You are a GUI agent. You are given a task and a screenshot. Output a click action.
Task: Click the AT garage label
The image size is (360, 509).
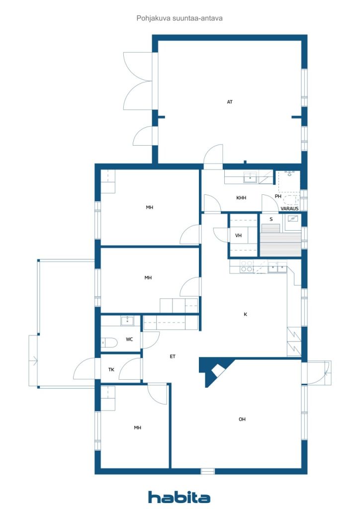point(230,102)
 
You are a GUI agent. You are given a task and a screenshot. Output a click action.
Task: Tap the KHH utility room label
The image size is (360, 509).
point(241,198)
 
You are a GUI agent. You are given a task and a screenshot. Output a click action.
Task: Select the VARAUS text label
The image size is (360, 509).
point(289,208)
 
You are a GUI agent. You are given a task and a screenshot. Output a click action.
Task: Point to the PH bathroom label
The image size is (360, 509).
point(278,196)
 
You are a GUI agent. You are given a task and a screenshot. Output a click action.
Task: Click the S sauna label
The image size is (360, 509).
point(271,219)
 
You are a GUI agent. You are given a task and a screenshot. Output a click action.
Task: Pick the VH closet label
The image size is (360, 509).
point(238,235)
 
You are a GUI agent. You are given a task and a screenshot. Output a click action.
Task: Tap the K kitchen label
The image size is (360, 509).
point(246,314)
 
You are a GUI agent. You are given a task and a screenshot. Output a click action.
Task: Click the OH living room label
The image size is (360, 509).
point(242,420)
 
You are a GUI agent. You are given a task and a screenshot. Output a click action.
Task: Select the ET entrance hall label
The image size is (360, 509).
point(173,356)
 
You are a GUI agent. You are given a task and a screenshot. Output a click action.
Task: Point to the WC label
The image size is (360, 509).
point(129,339)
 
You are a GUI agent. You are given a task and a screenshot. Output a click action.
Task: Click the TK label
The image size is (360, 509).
point(111,369)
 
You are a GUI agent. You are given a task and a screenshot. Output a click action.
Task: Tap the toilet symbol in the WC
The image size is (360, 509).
point(109,342)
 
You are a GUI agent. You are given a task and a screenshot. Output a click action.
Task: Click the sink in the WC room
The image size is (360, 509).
point(127,321)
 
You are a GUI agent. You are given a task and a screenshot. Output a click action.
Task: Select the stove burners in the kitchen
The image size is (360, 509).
point(247,266)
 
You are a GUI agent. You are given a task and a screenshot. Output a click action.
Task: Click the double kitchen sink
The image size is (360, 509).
point(277,267)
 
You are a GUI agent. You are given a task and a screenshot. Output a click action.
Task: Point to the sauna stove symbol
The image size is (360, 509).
point(293,219)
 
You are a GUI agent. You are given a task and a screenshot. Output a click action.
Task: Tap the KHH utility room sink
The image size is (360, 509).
point(250,177)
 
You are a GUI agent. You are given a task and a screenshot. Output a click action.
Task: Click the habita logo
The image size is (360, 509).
point(179,497)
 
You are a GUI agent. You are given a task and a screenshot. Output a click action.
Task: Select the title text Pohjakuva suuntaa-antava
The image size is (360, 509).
point(180,18)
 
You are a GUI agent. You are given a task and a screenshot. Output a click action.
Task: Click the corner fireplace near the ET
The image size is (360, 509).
point(216,371)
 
